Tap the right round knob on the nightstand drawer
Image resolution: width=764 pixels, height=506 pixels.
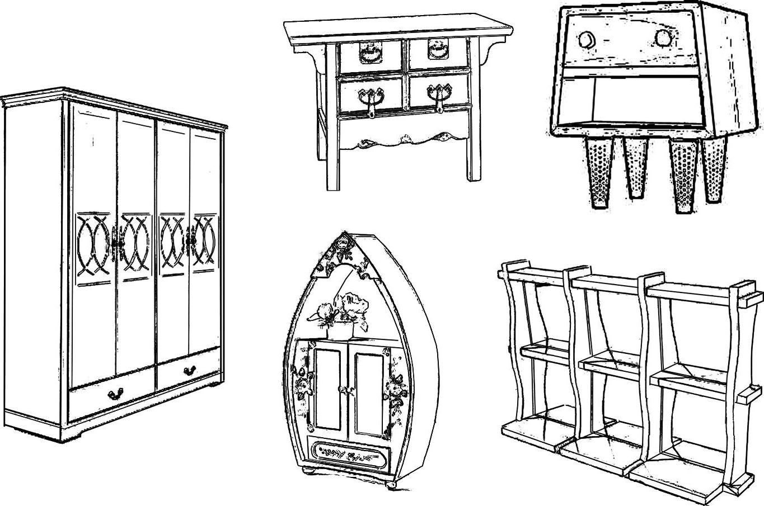point(663,38)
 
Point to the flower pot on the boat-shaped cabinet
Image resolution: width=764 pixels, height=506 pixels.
point(339,332)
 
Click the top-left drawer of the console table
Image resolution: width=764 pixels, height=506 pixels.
point(370,55)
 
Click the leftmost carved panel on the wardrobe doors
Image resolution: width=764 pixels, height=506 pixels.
point(93,244)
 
